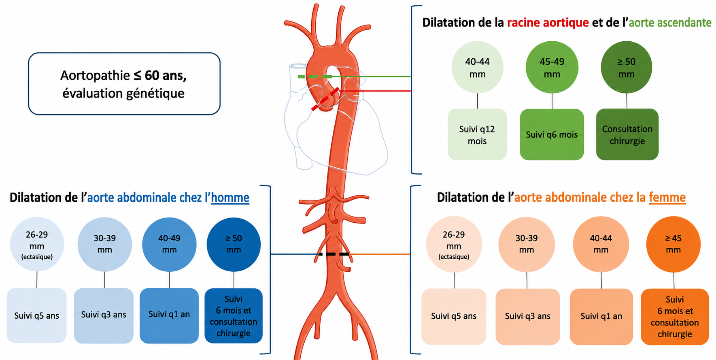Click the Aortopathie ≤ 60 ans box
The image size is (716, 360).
point(124,84)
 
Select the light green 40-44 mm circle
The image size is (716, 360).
point(477,67)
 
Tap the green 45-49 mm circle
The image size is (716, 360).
point(552,67)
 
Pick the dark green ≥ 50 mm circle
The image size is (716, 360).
point(627,67)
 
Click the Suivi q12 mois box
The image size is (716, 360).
point(477,134)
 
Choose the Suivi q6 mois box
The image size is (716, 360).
point(552,134)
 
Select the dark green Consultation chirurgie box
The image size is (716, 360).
point(627,134)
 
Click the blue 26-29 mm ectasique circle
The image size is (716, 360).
point(37,245)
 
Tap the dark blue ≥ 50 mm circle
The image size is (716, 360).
point(234,245)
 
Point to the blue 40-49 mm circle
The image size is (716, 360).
point(169,245)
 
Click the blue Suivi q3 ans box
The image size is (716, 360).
point(104,315)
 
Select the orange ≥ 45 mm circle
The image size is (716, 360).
point(673,245)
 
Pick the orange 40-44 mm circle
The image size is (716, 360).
point(601,245)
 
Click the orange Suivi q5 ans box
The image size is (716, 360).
point(454,317)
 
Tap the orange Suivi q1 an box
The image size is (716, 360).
point(601,317)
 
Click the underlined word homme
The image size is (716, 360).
point(230,198)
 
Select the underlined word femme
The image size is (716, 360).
point(667,198)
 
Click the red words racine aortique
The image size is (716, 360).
point(548,23)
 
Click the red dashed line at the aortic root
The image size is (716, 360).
point(325,100)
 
